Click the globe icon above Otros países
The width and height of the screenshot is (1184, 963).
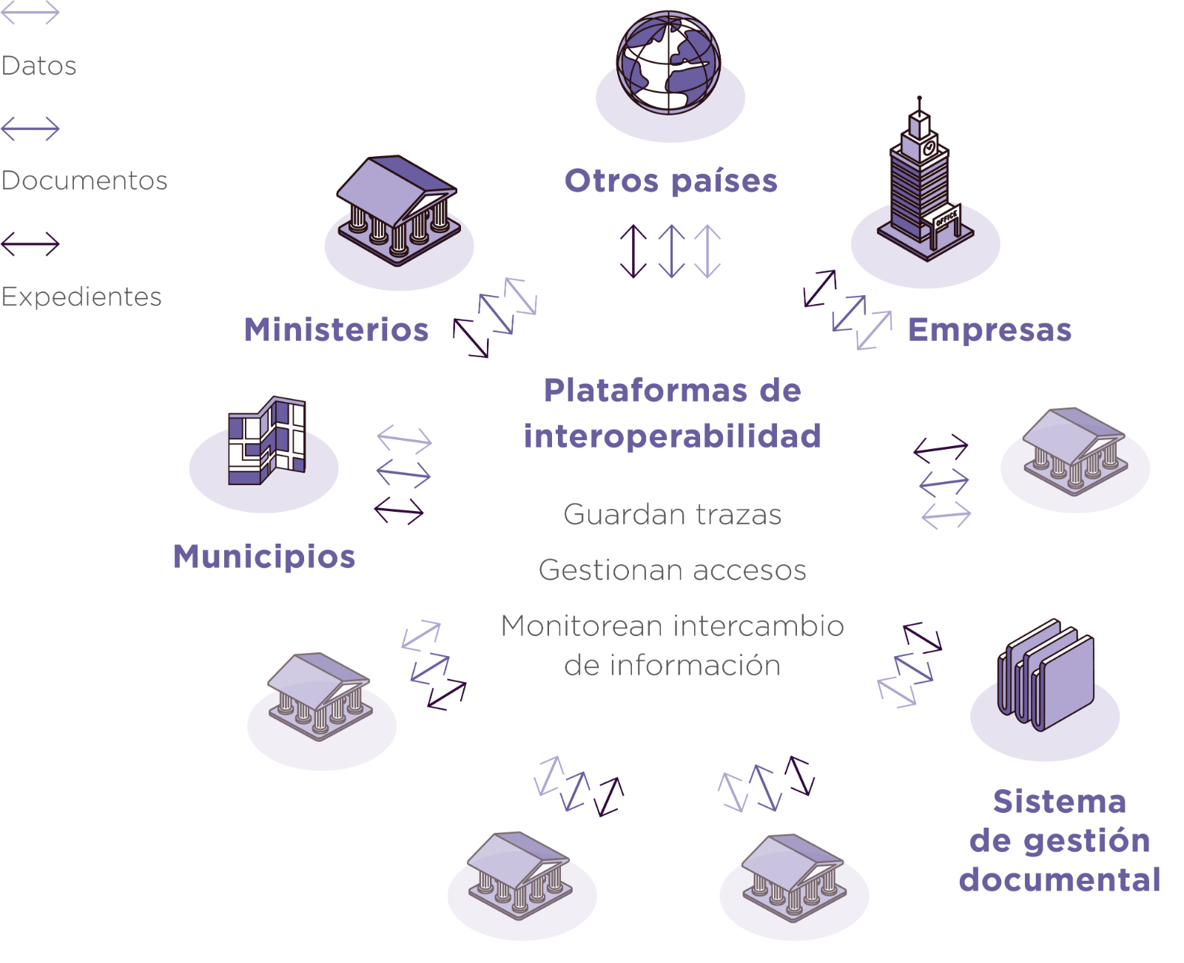click(669, 63)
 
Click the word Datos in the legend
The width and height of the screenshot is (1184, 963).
click(38, 66)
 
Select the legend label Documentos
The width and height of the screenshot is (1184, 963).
click(84, 180)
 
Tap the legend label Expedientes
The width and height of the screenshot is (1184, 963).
click(81, 297)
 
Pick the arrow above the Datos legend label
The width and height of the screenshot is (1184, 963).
click(30, 13)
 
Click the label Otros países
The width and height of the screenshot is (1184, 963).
click(670, 181)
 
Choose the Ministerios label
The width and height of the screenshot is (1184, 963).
click(336, 330)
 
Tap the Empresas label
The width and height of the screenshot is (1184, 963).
click(989, 330)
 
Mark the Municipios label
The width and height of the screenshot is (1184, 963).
click(264, 557)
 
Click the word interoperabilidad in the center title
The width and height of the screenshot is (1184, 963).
click(673, 436)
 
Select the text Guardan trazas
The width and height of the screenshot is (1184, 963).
click(672, 514)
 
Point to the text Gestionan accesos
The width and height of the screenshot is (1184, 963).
click(672, 570)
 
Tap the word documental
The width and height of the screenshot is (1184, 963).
click(1060, 879)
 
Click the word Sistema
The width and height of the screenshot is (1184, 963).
click(1060, 802)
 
